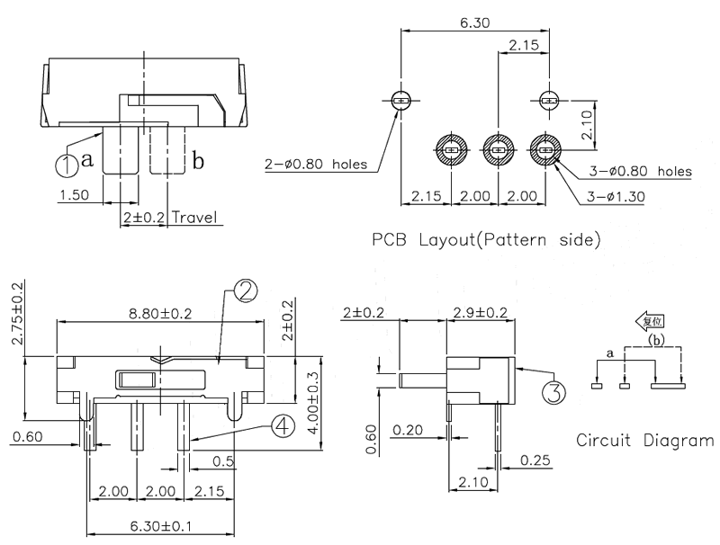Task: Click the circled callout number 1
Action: (67, 165)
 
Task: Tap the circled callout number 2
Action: (244, 290)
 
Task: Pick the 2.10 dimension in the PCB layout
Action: (588, 122)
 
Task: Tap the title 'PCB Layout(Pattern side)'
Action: (487, 240)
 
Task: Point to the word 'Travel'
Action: (196, 218)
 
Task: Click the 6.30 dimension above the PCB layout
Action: (475, 24)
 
